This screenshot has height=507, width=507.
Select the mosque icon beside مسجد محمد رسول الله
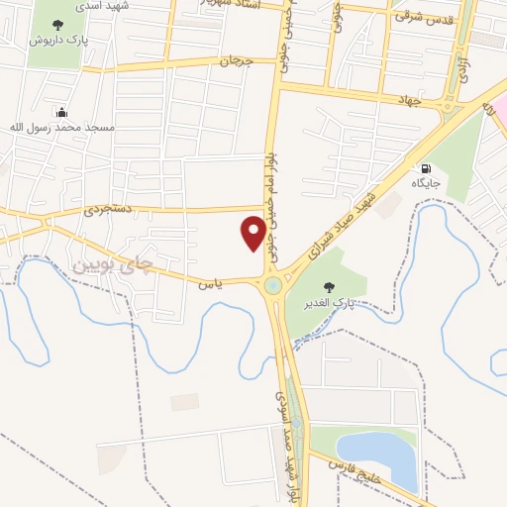click(x=63, y=112)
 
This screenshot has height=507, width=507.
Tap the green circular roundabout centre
click(x=272, y=287)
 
